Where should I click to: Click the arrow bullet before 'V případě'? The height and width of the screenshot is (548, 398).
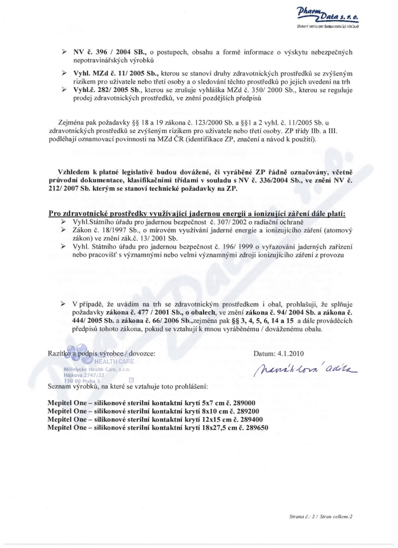click(x=64, y=304)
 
